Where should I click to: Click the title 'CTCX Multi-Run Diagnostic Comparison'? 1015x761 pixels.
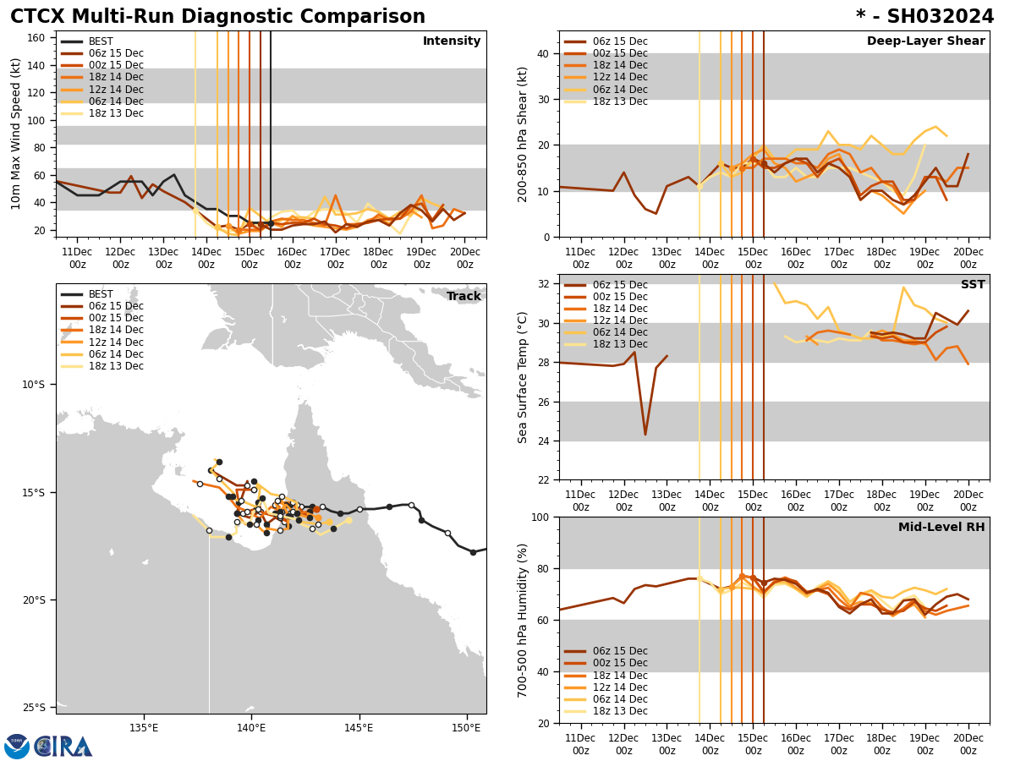pos(217,17)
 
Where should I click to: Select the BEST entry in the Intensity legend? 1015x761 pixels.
pos(101,41)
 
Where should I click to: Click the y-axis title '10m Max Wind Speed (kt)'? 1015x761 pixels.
pos(16,134)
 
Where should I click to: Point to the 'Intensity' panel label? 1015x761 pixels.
pos(452,41)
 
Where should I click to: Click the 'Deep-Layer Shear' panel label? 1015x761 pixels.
pos(925,41)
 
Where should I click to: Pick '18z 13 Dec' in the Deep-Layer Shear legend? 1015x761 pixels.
pos(619,101)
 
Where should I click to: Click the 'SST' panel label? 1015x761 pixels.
pos(972,285)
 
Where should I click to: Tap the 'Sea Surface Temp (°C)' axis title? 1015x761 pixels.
pos(523,377)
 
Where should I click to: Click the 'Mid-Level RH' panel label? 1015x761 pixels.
pos(941,528)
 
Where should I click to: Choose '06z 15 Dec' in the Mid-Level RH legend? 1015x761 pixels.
pos(619,651)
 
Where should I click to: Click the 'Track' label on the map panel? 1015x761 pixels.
pos(464,297)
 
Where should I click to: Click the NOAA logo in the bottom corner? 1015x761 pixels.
pos(17,746)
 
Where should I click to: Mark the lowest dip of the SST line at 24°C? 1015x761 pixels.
pos(645,435)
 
